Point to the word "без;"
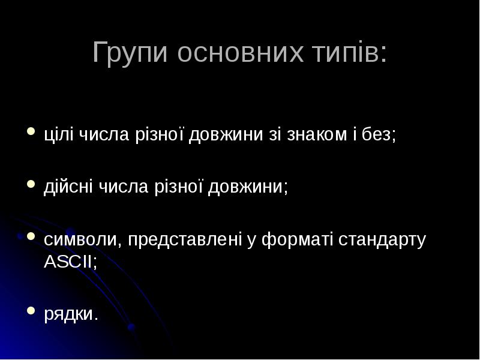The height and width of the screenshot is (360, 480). pos(378,134)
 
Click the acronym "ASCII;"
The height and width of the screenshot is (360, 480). pos(70,262)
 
